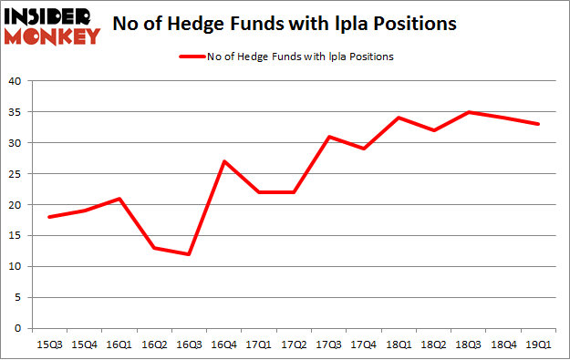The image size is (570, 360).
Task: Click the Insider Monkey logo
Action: pos(52,26)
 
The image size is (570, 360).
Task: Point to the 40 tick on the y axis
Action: pos(15,81)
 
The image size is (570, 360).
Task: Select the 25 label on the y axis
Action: pos(15,174)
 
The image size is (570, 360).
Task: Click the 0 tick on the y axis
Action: pos(17,328)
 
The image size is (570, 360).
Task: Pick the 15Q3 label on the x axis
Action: pos(49,345)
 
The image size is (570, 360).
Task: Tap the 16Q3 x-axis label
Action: pos(188,345)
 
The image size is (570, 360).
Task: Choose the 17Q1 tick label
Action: pos(258,345)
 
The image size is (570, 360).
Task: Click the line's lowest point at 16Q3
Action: pos(189,254)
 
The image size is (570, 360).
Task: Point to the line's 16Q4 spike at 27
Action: pos(223,161)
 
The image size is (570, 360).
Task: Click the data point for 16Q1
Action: pos(119,199)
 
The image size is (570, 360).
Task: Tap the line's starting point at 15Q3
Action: pos(49,217)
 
